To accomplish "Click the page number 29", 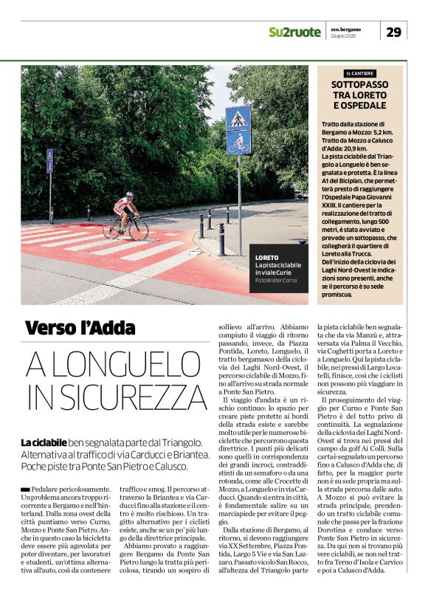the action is click(394, 30).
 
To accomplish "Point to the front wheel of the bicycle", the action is click(139, 230).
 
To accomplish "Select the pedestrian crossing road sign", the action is click(238, 117).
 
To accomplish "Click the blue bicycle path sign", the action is click(238, 142).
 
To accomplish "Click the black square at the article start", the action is click(25, 490).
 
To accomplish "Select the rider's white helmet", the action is click(129, 196).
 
